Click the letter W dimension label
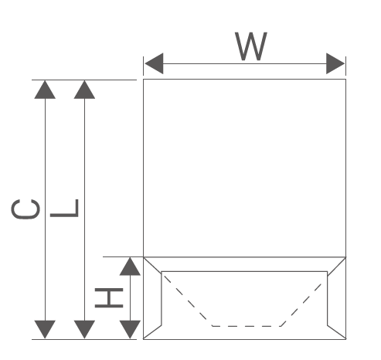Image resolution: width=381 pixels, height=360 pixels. coord(251,46)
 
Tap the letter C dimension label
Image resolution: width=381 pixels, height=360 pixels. coord(26,209)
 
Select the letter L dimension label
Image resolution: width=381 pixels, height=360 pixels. coord(64,208)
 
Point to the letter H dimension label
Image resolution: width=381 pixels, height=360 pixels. coord(109,298)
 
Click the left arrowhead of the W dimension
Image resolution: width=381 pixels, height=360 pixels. coord(154,63)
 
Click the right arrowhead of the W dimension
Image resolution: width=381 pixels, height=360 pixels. coord(335,63)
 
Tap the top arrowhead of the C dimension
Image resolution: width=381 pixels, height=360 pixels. coord(45,90)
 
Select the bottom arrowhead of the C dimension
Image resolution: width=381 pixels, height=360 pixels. coord(45,329)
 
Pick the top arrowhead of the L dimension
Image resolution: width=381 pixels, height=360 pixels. coord(84,90)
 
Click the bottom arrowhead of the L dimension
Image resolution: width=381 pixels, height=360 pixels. coord(84,329)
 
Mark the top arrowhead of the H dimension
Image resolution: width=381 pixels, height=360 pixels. coord(130,267)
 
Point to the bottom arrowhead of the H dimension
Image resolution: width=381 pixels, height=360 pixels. coord(130,329)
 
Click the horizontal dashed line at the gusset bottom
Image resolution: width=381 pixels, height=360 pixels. coord(247,326)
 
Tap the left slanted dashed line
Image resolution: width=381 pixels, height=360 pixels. coord(188,301)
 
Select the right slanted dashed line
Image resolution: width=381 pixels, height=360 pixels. coord(301,304)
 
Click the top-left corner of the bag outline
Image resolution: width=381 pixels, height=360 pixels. coord(144,80)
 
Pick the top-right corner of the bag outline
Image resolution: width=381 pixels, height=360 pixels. coord(345,80)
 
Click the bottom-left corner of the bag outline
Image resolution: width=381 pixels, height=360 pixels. coord(144,339)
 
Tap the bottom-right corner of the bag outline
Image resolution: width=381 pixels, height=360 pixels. coord(345,339)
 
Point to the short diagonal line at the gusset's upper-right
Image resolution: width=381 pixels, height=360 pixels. coord(336,267)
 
